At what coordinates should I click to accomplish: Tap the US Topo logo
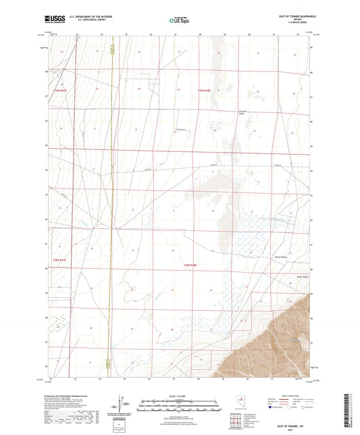pyautogui.click(x=178, y=19)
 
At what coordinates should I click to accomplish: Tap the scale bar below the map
pyautogui.click(x=180, y=403)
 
